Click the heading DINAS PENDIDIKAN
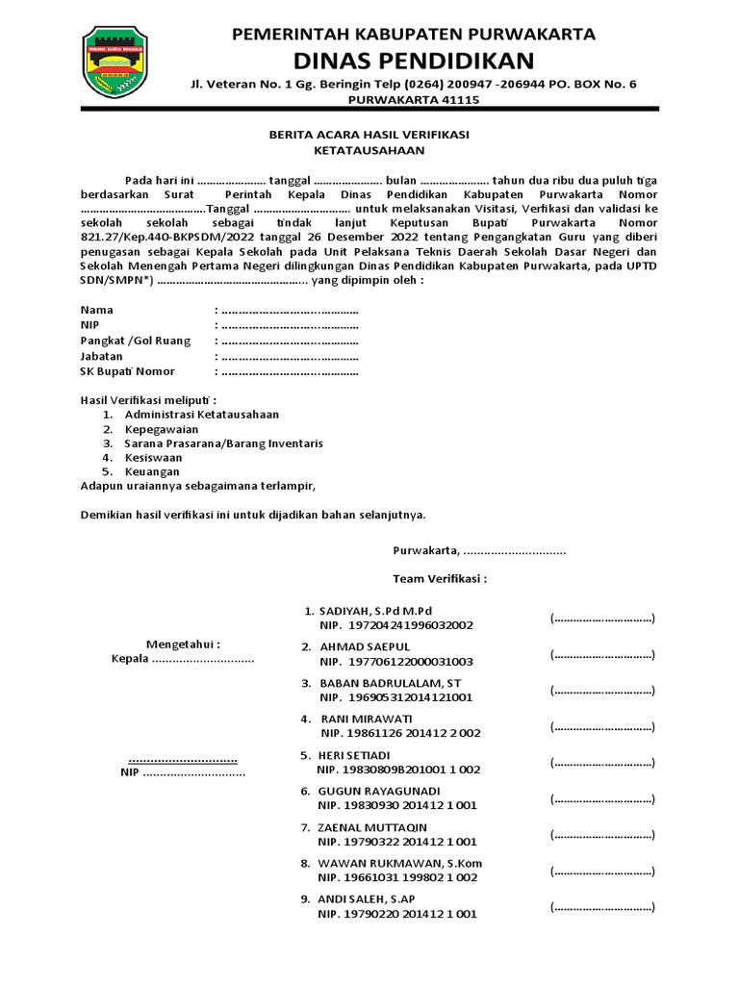coord(414,62)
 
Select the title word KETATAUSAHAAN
coord(369,151)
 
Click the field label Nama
coord(97,310)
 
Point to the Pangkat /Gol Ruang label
coord(136,341)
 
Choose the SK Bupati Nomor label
coord(128,371)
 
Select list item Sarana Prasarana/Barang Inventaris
coord(223,443)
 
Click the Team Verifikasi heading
coord(439,579)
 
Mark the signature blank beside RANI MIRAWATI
coord(602,727)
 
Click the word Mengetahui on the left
coord(183,643)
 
